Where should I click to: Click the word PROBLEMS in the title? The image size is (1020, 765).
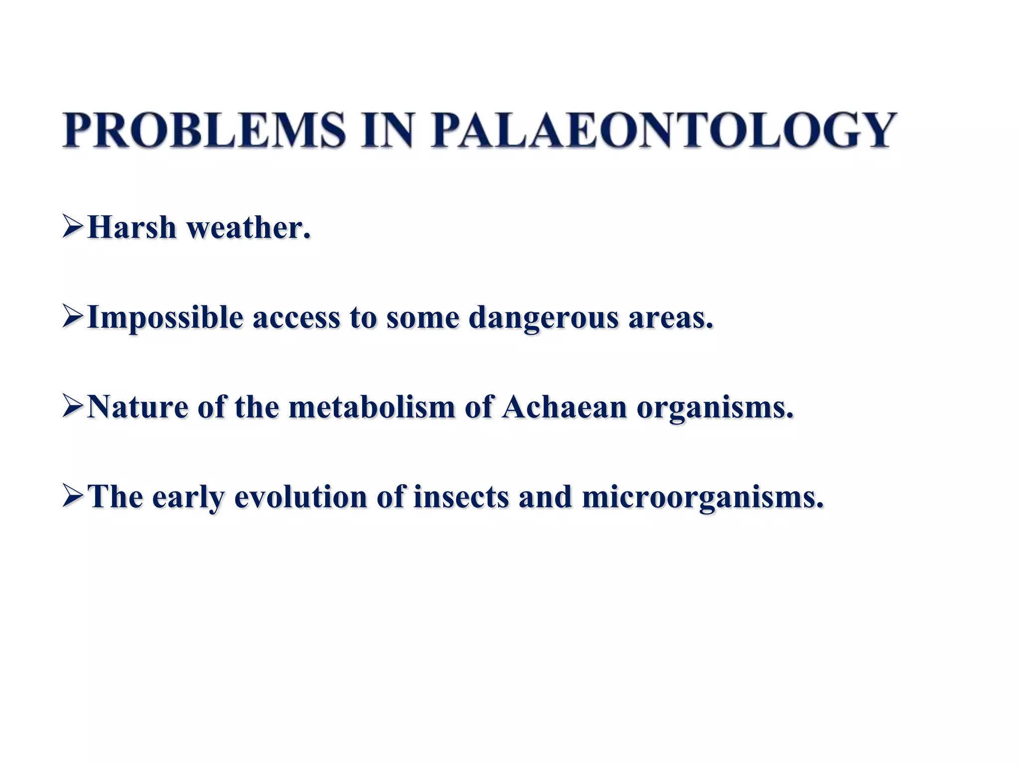pos(204,130)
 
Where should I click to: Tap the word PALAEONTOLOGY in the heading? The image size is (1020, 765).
pos(663,130)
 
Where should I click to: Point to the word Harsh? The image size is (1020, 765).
pos(132,228)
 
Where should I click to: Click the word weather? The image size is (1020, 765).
pos(248,228)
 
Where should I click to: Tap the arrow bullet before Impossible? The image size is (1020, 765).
pos(73,317)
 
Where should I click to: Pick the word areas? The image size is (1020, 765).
pos(670,318)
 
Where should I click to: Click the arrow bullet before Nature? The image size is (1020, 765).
pos(73,406)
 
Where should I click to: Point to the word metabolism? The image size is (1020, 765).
pos(372,407)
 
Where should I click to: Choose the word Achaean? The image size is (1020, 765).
pos(564,407)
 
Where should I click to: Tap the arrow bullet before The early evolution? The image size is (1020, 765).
pos(73,496)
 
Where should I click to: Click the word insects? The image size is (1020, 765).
pos(461,497)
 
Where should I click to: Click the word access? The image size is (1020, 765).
pos(296,318)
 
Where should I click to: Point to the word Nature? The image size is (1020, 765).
pos(137,407)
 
